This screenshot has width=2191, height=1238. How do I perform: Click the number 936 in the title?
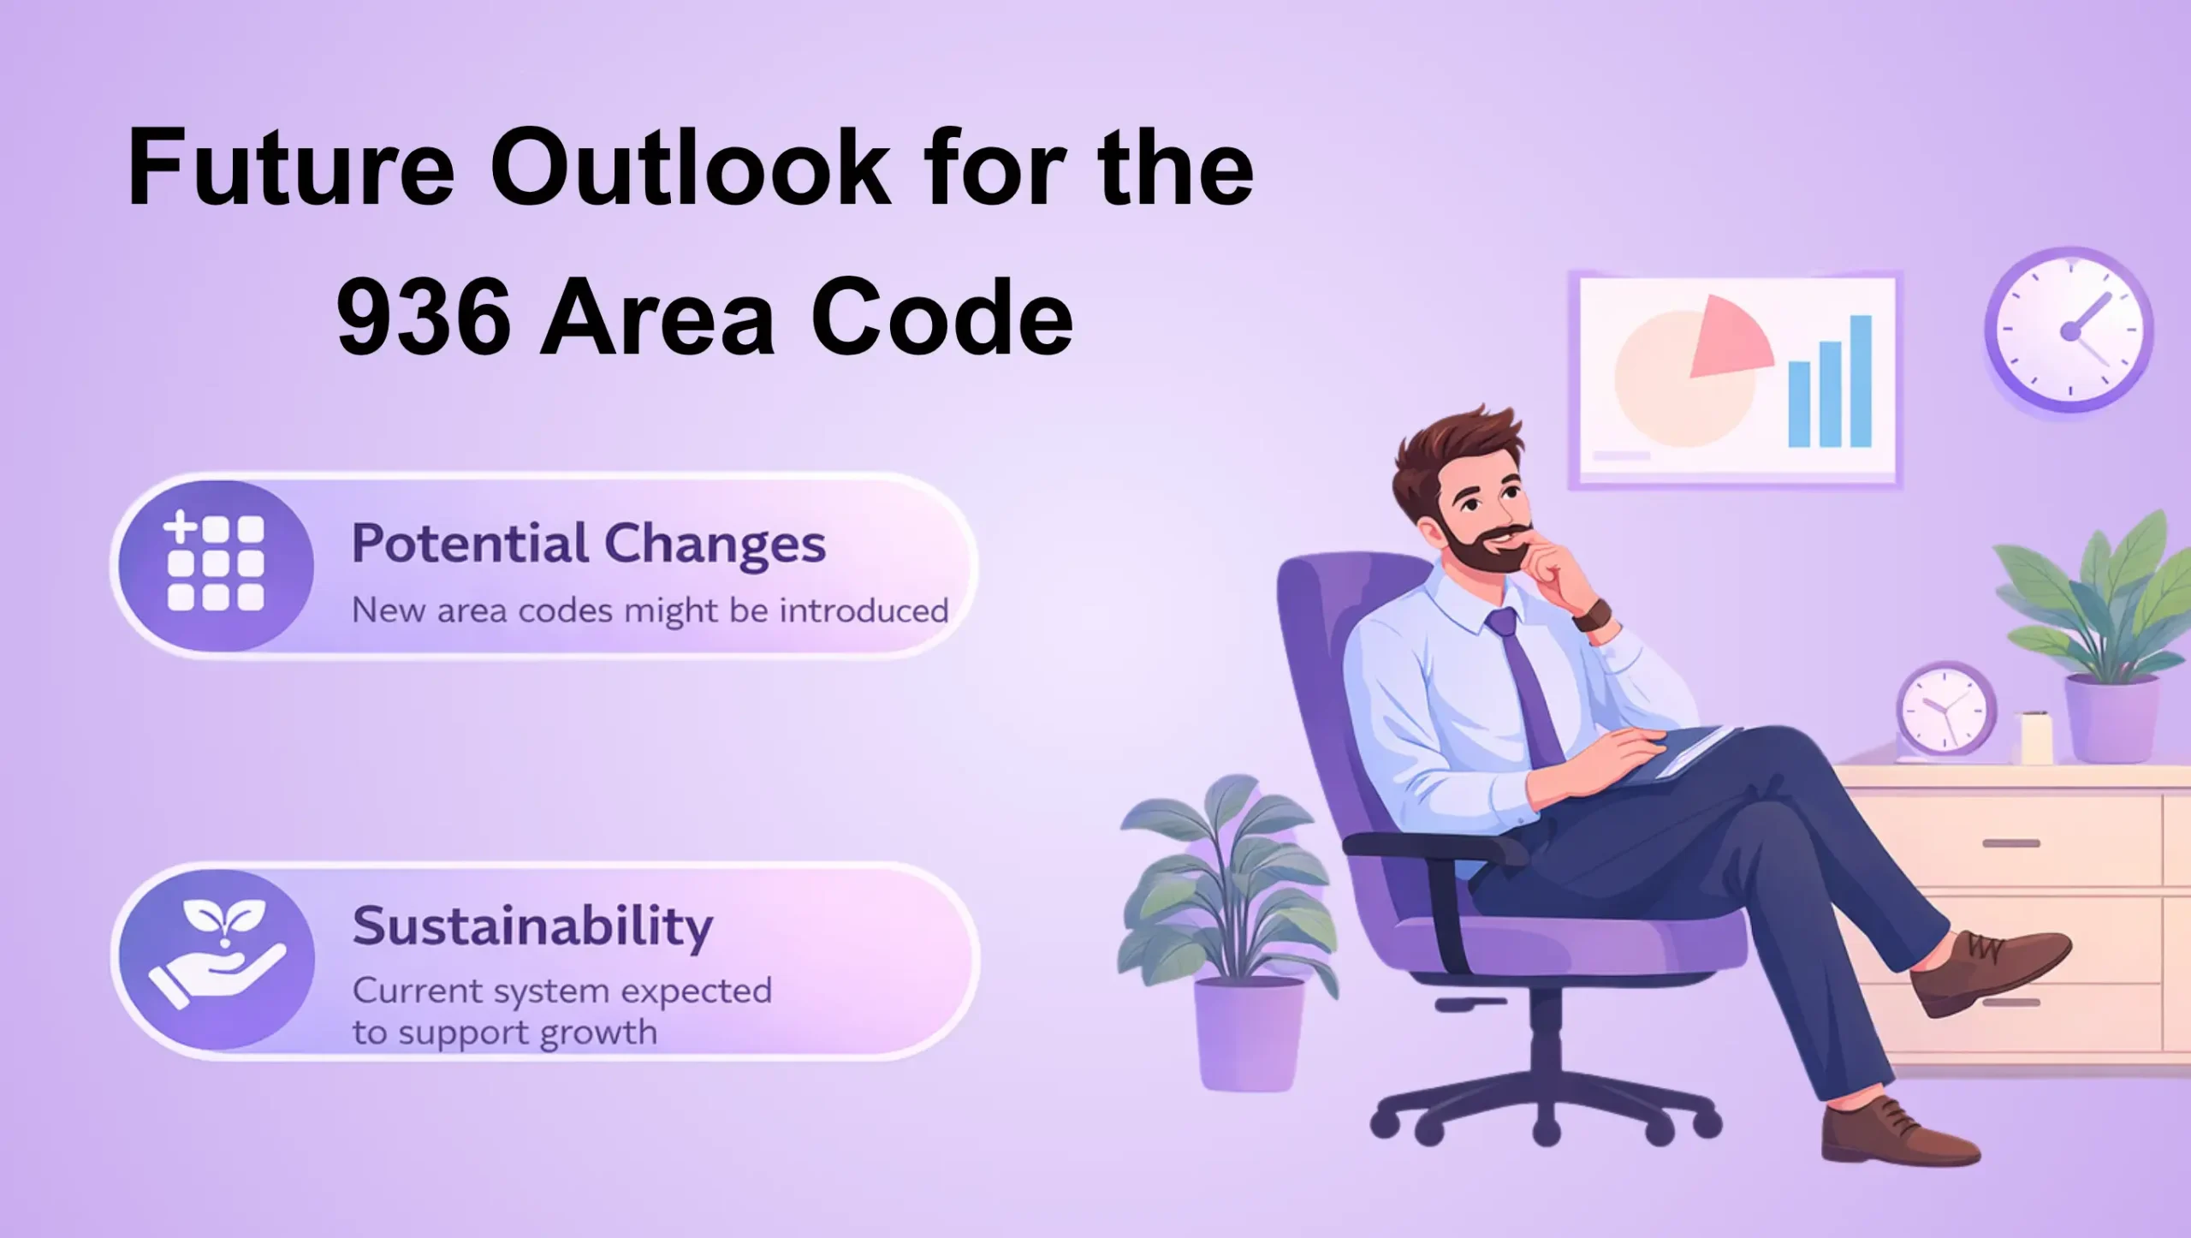(x=425, y=317)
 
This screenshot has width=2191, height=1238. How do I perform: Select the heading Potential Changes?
(x=589, y=544)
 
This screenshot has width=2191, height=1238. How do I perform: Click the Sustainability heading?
(x=532, y=926)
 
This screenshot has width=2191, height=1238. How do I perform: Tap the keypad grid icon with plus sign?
(x=215, y=562)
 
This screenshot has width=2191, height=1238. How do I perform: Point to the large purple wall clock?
(x=2069, y=329)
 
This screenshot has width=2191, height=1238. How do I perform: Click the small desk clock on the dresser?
(x=1945, y=710)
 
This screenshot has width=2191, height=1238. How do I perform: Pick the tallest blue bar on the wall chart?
(x=1861, y=381)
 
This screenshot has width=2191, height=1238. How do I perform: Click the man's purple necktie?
(x=1529, y=685)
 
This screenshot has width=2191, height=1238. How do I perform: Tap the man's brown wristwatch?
(x=1593, y=614)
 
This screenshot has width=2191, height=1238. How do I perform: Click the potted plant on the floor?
(x=1228, y=933)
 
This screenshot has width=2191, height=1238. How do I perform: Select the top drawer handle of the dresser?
(x=2010, y=843)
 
